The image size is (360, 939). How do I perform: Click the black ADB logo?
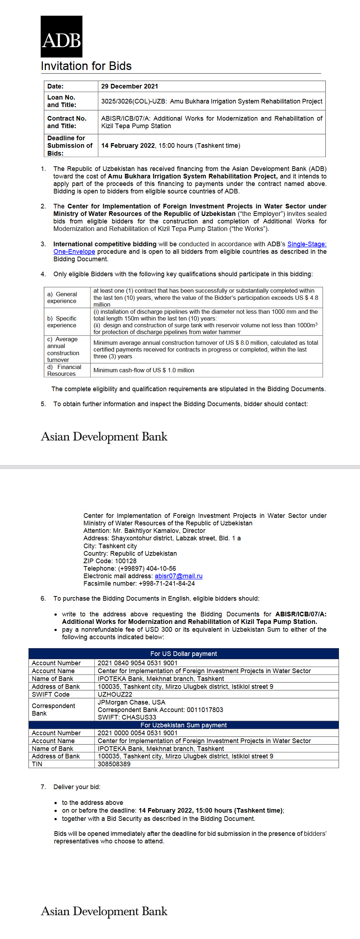point(61,36)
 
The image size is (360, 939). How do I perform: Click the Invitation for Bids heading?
point(86,66)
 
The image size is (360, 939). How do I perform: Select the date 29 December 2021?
point(130,86)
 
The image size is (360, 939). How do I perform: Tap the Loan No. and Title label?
point(62,101)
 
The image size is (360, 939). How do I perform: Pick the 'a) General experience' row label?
point(62,297)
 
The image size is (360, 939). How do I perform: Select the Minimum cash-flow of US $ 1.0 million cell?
point(143,370)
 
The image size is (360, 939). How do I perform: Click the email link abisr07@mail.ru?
point(178,576)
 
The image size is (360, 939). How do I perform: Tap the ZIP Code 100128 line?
point(110,561)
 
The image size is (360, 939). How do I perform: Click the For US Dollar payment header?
point(183,653)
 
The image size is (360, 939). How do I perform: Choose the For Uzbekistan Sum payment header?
point(183,725)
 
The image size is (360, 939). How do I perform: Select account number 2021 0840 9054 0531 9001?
point(137,663)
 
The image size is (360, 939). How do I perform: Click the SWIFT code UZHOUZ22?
point(115,695)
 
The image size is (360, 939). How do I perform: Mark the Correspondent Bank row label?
point(53,710)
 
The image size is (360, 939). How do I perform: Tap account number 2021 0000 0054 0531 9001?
point(137,733)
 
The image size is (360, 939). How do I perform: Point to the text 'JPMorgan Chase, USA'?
point(131,702)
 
